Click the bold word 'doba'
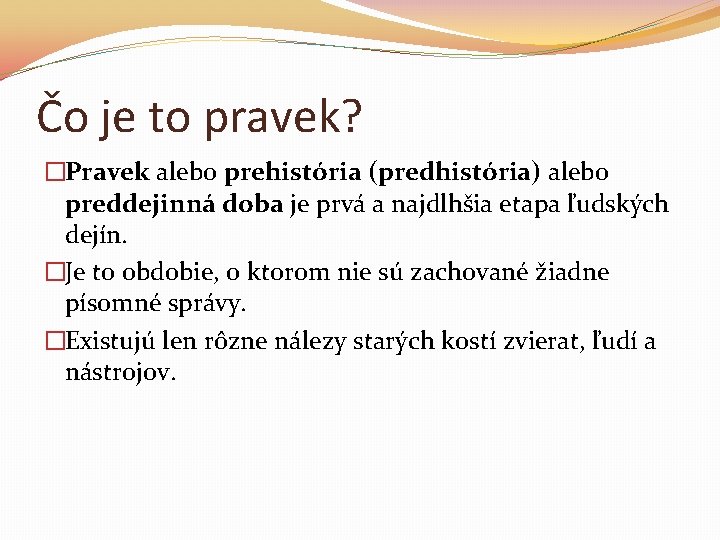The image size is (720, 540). [x=246, y=205]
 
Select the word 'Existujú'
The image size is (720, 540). [x=108, y=340]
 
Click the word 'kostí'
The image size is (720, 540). [x=471, y=340]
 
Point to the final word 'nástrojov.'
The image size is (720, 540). [x=121, y=373]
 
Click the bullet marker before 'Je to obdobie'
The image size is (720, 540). [x=55, y=272]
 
